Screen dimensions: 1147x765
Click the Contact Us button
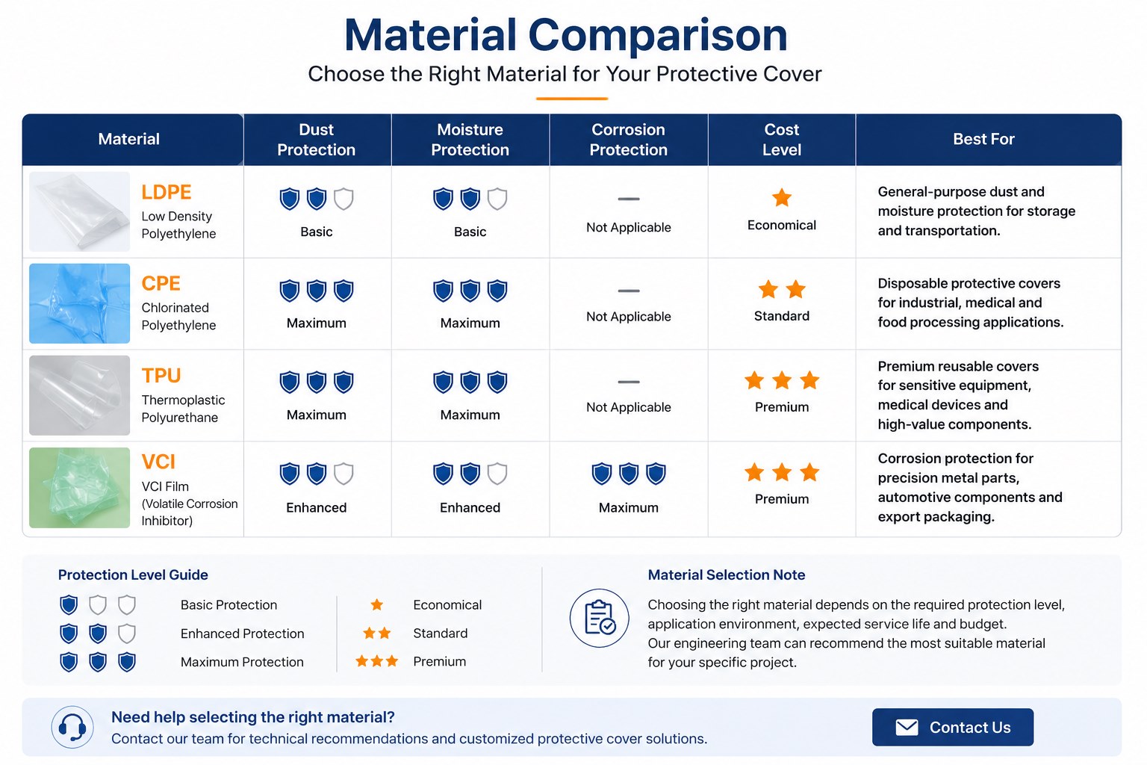(952, 727)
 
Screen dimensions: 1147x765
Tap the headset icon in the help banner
(72, 727)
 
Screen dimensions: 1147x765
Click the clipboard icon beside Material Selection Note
(599, 618)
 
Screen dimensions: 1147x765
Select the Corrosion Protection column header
(628, 140)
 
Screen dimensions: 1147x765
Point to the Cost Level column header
(781, 140)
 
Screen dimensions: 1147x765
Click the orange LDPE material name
(166, 192)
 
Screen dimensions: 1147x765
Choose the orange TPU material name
(161, 376)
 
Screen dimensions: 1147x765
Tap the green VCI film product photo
(79, 487)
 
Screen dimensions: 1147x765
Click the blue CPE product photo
(79, 303)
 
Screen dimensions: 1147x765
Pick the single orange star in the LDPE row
(781, 197)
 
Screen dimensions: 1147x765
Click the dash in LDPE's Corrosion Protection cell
(628, 199)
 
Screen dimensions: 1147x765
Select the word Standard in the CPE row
(781, 316)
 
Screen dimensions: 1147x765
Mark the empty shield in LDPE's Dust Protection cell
(343, 199)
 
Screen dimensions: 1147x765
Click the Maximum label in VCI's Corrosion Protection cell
(628, 508)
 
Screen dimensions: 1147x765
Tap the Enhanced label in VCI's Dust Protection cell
(316, 508)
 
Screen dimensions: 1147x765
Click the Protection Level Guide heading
(133, 575)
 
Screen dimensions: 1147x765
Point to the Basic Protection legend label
(229, 604)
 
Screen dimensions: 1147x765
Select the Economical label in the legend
(447, 604)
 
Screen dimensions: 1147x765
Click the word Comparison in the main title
(657, 36)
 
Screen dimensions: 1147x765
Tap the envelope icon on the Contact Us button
(907, 727)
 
